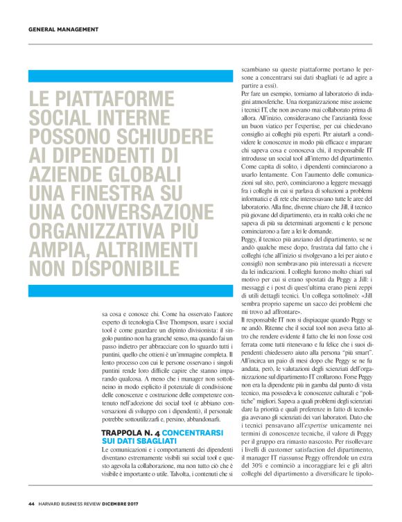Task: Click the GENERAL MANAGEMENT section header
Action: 64,29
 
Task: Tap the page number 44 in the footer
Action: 31,503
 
